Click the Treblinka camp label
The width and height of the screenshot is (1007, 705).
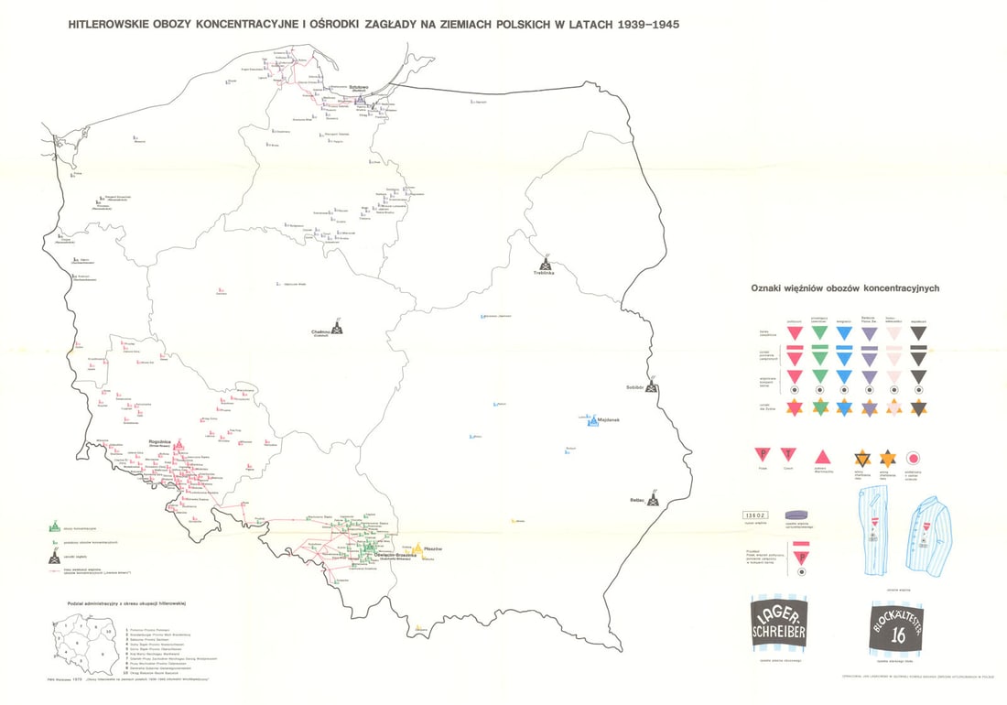pyautogui.click(x=547, y=273)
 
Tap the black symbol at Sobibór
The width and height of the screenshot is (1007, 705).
pyautogui.click(x=651, y=386)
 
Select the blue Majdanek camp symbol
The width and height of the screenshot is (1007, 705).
pyautogui.click(x=592, y=420)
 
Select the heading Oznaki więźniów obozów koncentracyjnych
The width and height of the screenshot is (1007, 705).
pyautogui.click(x=844, y=287)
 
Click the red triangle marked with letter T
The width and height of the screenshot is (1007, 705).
pyautogui.click(x=788, y=454)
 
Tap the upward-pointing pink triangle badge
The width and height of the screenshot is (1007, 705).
pyautogui.click(x=821, y=455)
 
